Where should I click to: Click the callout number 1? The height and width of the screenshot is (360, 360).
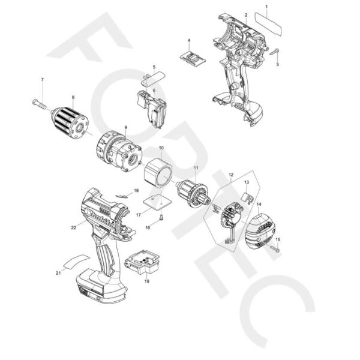pyautogui.click(x=267, y=7)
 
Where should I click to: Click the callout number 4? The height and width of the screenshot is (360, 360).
pyautogui.click(x=189, y=41)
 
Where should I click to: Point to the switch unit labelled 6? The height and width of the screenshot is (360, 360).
pyautogui.click(x=154, y=107)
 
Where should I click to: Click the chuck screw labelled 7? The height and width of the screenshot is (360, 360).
pyautogui.click(x=37, y=103)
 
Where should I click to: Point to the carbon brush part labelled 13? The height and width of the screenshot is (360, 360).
pyautogui.click(x=247, y=196)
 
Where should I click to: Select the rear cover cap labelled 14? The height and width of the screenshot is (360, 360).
pyautogui.click(x=262, y=230)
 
